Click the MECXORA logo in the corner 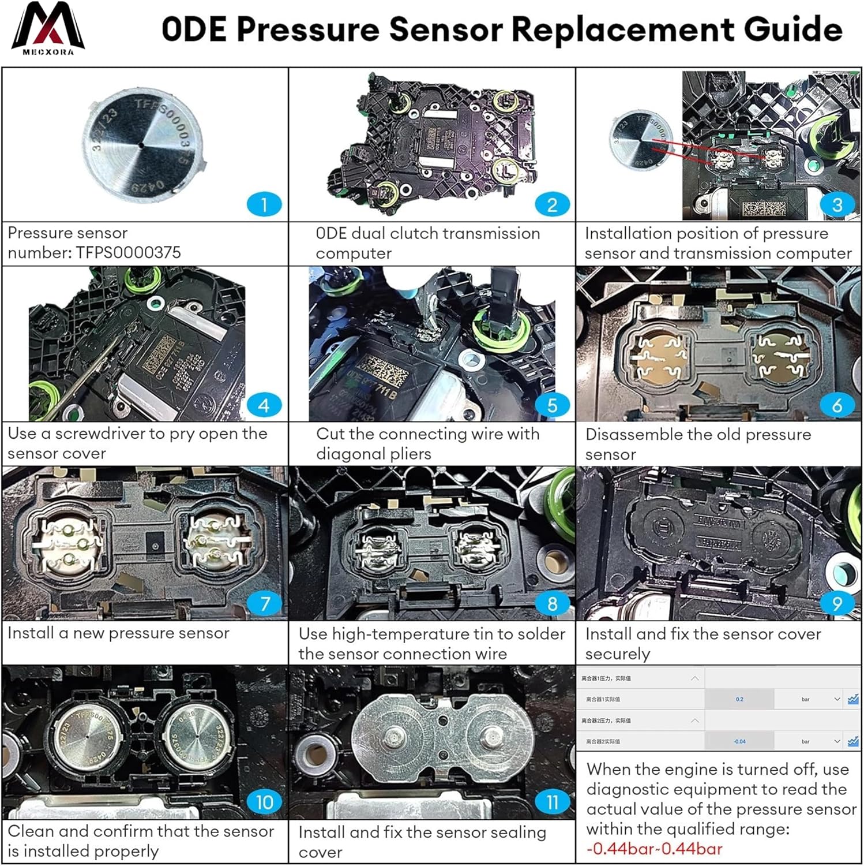(48, 29)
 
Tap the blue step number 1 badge (264, 204)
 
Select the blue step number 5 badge (552, 405)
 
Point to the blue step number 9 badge (837, 604)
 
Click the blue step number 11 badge (552, 802)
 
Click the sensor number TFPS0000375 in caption (128, 252)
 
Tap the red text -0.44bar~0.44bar (654, 849)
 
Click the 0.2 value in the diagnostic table (739, 699)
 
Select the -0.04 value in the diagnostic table (739, 741)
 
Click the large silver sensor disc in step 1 (142, 145)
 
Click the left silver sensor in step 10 (88, 736)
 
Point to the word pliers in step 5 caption (410, 454)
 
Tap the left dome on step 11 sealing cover (392, 736)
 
